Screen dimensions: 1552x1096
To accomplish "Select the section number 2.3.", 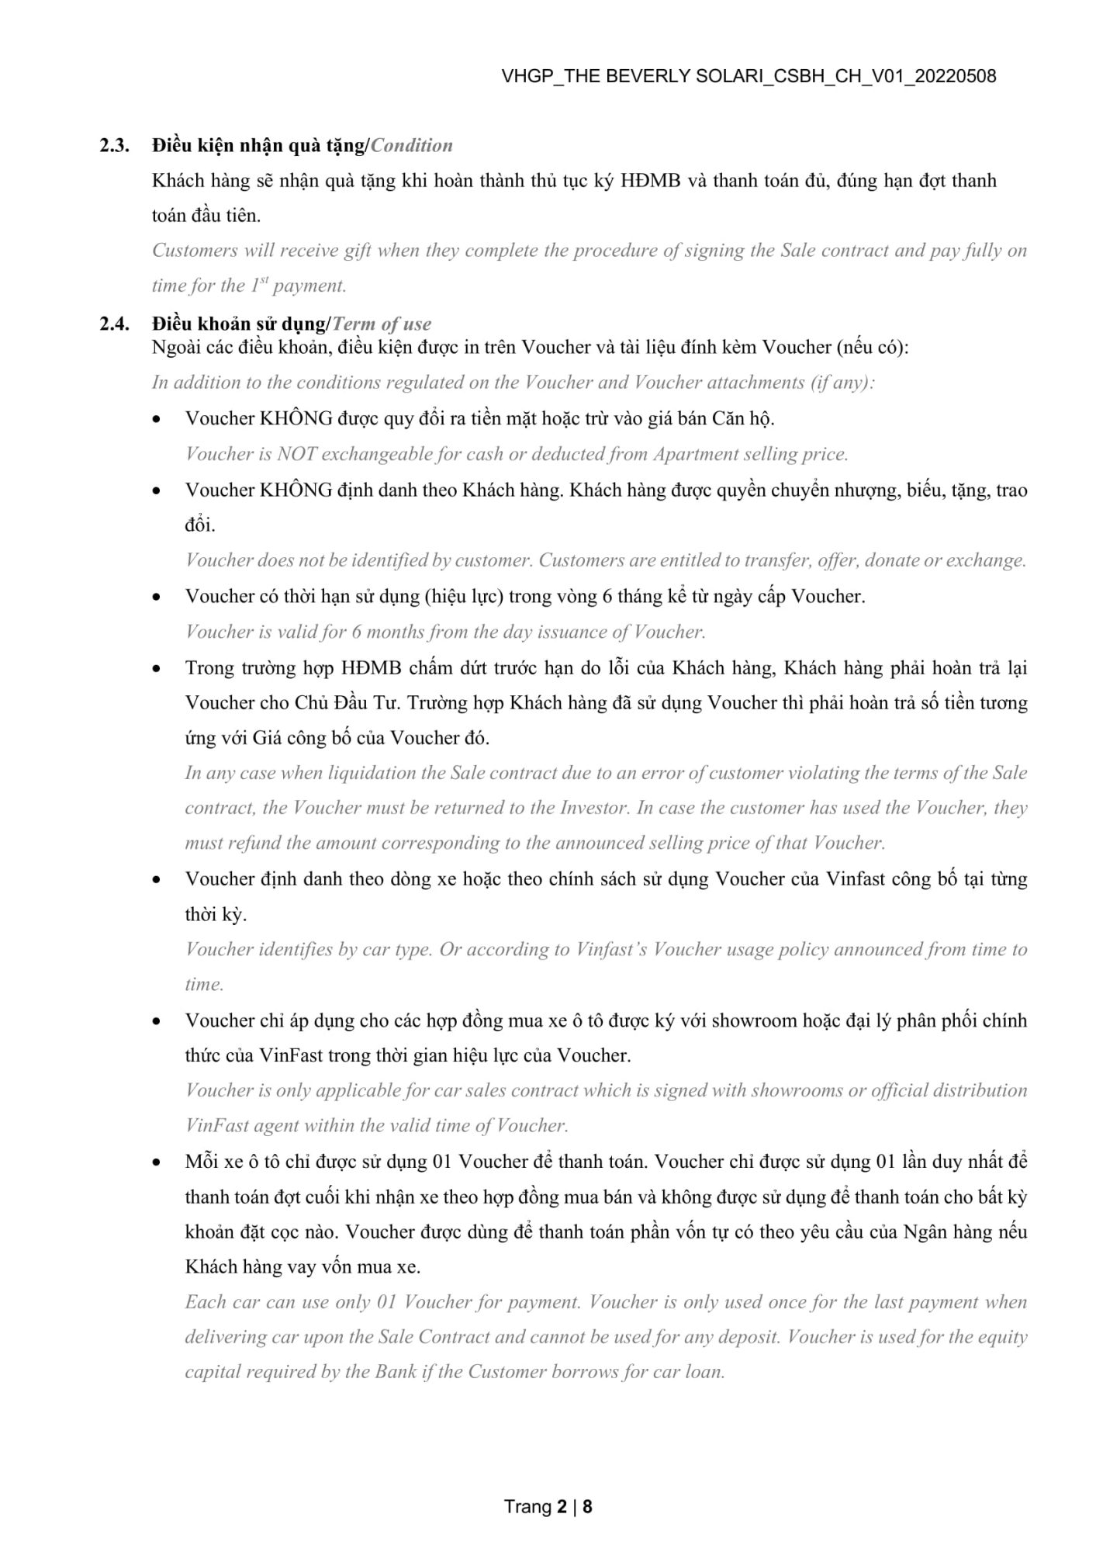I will (x=114, y=145).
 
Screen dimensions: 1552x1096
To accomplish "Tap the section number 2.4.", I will (x=114, y=324).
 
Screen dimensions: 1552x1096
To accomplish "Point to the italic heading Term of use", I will (x=382, y=324).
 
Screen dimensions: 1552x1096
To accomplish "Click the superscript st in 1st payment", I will (x=263, y=280).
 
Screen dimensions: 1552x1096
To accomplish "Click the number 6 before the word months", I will (x=356, y=632).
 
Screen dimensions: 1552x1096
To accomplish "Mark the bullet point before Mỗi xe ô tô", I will (x=157, y=1162).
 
